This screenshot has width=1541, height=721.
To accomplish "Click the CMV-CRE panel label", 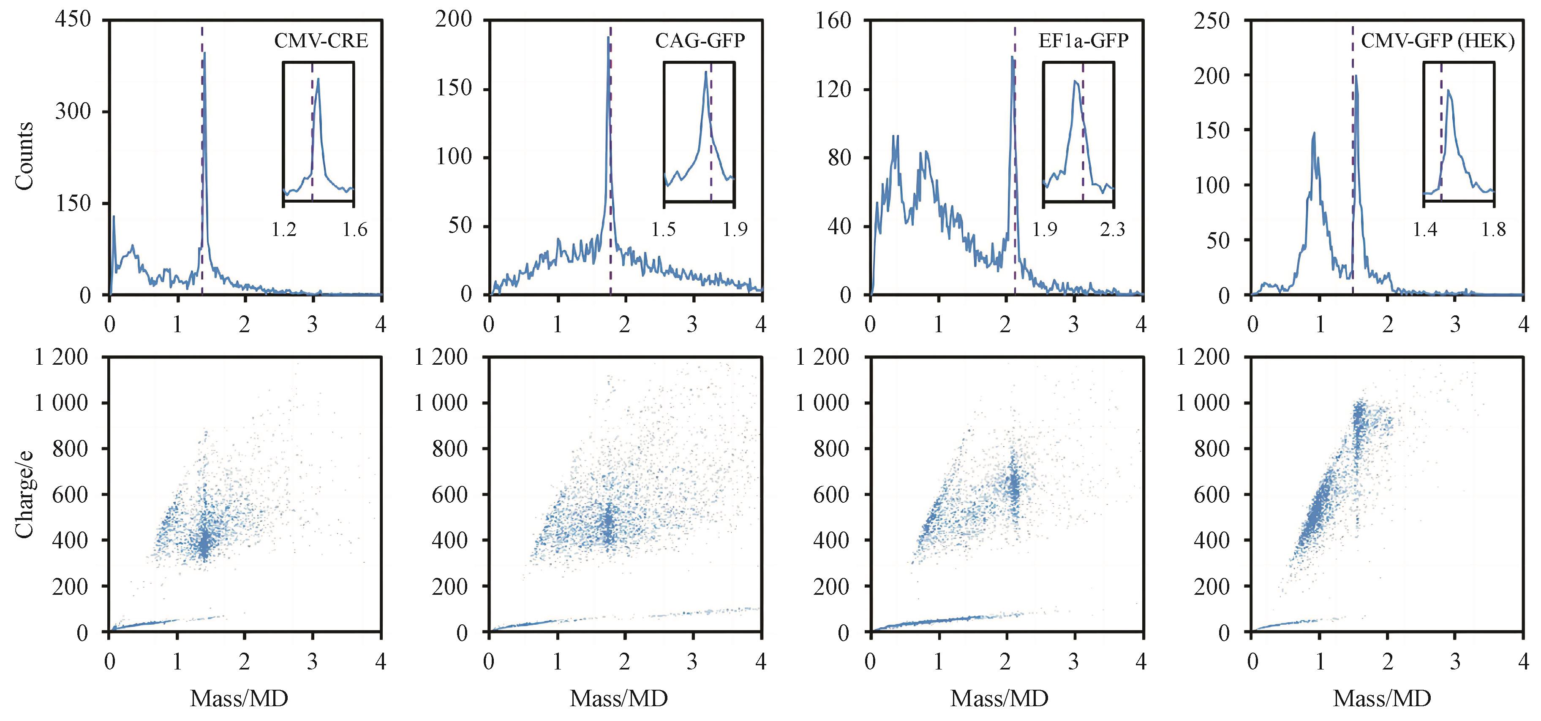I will pyautogui.click(x=321, y=41).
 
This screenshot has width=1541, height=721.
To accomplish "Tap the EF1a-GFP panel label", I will pyautogui.click(x=1083, y=41).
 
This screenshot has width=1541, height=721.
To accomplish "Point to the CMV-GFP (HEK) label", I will pyautogui.click(x=1438, y=41).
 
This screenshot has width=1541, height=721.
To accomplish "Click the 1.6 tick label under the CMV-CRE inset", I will pyautogui.click(x=355, y=230).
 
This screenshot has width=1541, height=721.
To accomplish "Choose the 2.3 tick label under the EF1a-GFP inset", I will pyautogui.click(x=1112, y=230).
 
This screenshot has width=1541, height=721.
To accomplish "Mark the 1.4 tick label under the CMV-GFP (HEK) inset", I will pyautogui.click(x=1424, y=230).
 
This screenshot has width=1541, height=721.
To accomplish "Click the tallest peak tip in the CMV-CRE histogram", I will pyautogui.click(x=204, y=53).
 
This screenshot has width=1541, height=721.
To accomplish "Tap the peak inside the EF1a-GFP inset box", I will pyautogui.click(x=1075, y=81).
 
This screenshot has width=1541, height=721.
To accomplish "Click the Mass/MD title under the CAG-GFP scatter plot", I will pyautogui.click(x=618, y=698).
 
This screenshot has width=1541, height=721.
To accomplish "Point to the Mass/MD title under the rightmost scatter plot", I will pyautogui.click(x=1382, y=698).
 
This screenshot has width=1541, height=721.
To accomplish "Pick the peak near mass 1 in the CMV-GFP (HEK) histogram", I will pyautogui.click(x=1314, y=133).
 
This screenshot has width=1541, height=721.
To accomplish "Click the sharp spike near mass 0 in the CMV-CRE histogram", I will pyautogui.click(x=114, y=217).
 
